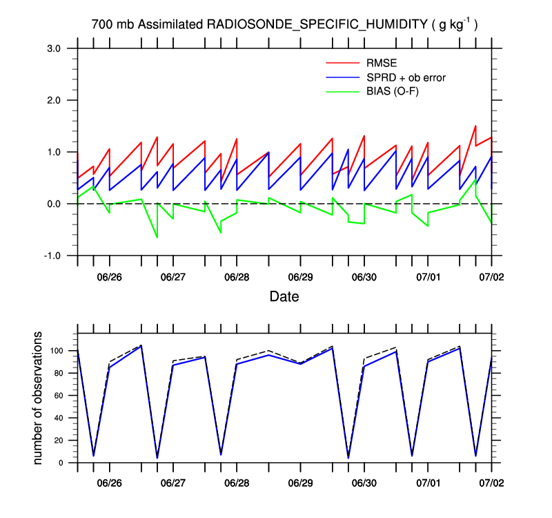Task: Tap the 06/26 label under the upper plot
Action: pos(109,276)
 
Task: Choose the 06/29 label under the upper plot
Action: pos(300,276)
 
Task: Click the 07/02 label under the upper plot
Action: pos(491,276)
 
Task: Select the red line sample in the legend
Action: pos(342,64)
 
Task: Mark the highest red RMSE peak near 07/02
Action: pos(475,126)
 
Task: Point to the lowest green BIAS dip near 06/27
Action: pos(157,238)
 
